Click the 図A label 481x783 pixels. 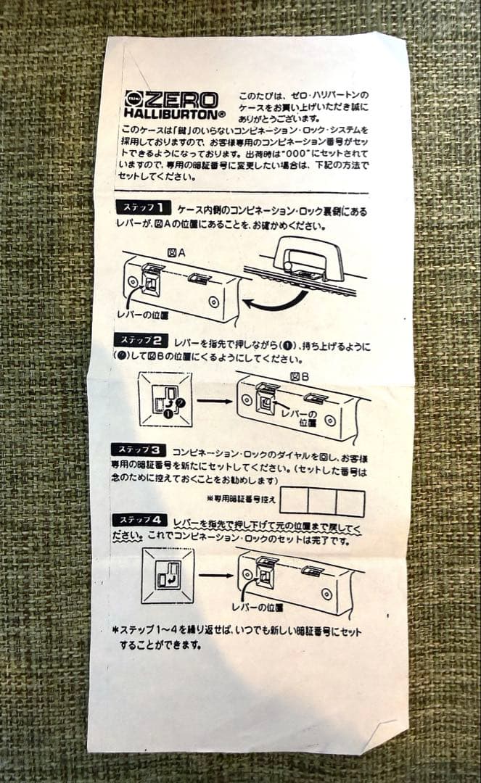(176, 253)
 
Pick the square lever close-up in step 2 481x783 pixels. (165, 399)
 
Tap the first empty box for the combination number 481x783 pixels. (294, 501)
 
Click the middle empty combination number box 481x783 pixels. (322, 502)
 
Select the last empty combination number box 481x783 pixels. (350, 502)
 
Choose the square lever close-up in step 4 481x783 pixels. (168, 576)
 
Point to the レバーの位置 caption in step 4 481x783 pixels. (257, 606)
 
